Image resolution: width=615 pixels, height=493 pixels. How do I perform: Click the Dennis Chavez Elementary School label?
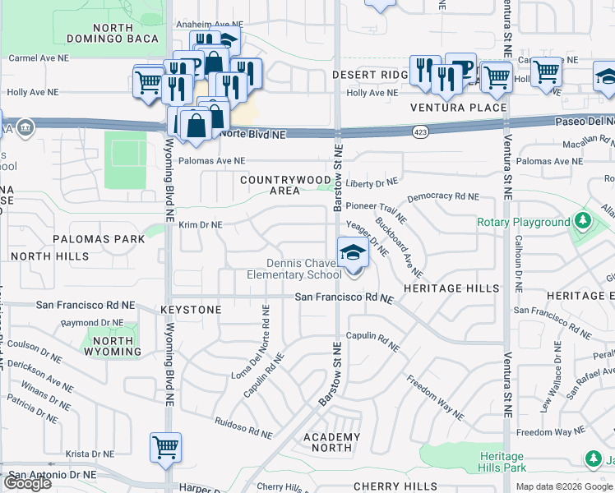(x=303, y=269)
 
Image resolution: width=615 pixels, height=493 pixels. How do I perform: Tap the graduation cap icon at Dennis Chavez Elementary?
(x=353, y=251)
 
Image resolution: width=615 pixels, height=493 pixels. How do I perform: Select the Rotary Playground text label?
(x=523, y=223)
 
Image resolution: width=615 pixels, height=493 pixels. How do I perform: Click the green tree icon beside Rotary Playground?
(x=583, y=220)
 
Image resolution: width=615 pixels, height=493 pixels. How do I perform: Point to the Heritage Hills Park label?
(x=502, y=462)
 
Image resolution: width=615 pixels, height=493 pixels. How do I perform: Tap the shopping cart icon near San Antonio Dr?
(x=165, y=448)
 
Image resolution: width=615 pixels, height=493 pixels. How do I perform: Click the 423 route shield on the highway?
(x=421, y=131)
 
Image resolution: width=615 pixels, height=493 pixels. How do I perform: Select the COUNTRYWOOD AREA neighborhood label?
(x=275, y=184)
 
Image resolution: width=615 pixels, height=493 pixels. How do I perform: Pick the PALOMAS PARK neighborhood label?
(x=99, y=239)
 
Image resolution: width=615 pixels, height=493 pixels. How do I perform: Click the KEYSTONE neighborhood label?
(x=191, y=310)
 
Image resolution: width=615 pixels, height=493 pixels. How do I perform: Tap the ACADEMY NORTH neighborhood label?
(x=332, y=442)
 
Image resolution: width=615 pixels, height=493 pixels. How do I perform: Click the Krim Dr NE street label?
(x=201, y=224)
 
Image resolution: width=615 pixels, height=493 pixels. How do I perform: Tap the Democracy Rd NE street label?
(x=443, y=196)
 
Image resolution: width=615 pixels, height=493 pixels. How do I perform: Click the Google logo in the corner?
(x=27, y=483)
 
